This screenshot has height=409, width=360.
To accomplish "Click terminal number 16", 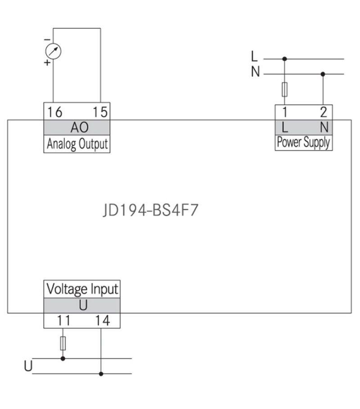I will pyautogui.click(x=54, y=112).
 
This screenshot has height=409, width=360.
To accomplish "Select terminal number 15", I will pyautogui.click(x=99, y=112).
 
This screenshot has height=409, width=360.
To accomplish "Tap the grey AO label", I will pyautogui.click(x=77, y=127).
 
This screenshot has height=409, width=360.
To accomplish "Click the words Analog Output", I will pyautogui.click(x=77, y=144).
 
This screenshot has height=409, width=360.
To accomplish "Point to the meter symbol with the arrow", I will pyautogui.click(x=54, y=51).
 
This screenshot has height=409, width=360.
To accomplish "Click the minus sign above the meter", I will pyautogui.click(x=47, y=40).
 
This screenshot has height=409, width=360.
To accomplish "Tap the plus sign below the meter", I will pyautogui.click(x=47, y=63).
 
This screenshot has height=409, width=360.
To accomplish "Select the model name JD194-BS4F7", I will pyautogui.click(x=150, y=211).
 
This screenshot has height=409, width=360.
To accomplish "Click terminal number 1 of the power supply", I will pyautogui.click(x=284, y=112).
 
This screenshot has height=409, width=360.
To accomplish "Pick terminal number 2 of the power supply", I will pyautogui.click(x=323, y=112).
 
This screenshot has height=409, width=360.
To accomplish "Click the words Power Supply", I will pyautogui.click(x=303, y=142).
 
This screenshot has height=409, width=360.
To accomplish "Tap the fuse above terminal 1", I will pyautogui.click(x=284, y=89).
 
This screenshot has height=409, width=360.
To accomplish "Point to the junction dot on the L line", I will pyautogui.click(x=284, y=59).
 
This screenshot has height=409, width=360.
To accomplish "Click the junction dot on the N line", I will pyautogui.click(x=323, y=73).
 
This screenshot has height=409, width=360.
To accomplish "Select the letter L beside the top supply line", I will pyautogui.click(x=255, y=56).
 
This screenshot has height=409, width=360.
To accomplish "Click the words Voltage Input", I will pyautogui.click(x=82, y=288).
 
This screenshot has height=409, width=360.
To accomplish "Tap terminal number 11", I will pyautogui.click(x=63, y=321).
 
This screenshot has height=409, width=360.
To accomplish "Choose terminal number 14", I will pyautogui.click(x=102, y=321).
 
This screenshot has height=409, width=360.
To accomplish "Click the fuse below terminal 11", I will pyautogui.click(x=63, y=343).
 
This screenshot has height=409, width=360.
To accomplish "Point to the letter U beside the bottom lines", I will pyautogui.click(x=28, y=366).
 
